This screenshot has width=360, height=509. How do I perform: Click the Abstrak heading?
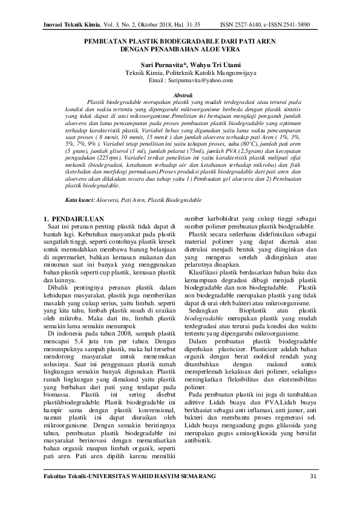coord(183,96)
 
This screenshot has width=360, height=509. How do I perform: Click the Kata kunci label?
coord(80,199)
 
